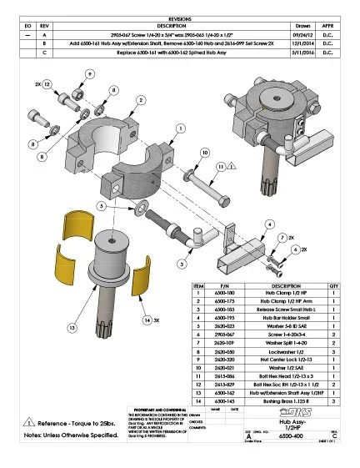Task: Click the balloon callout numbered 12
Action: point(47,85)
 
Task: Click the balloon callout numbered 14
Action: point(145,320)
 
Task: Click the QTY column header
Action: point(334,284)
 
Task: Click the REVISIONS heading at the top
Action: point(179,17)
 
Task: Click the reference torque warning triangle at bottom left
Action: point(30,421)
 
